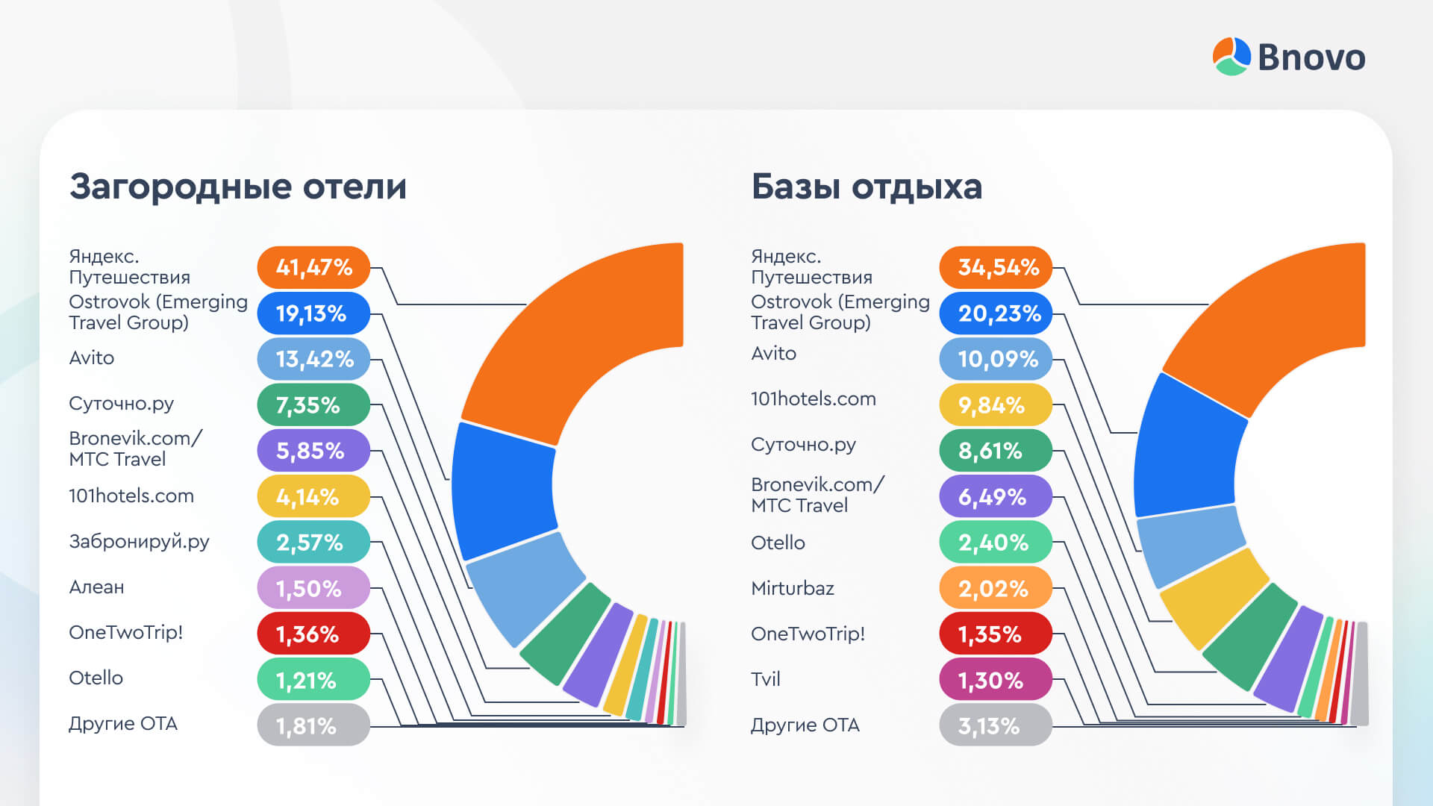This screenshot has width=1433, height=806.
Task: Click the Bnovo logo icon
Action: (1231, 57)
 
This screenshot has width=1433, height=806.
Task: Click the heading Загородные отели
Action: (238, 187)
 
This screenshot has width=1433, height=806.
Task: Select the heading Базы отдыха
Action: (866, 187)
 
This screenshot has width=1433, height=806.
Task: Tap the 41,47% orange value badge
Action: (313, 267)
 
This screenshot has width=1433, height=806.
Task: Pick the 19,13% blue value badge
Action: (313, 313)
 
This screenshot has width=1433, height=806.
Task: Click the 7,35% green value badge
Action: (313, 405)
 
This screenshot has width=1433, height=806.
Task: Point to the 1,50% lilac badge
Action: (313, 588)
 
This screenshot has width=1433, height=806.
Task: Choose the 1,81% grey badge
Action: (313, 725)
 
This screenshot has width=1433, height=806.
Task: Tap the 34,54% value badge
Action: (996, 267)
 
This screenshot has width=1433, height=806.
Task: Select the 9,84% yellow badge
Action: (996, 405)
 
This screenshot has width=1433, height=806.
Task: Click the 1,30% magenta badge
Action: (996, 680)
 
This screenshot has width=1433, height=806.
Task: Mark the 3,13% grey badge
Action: (996, 725)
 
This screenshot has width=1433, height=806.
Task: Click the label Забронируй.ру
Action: (139, 542)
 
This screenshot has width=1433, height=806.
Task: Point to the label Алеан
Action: (96, 587)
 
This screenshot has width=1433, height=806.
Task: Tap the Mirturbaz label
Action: (792, 588)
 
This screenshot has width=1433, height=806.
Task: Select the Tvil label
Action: (765, 679)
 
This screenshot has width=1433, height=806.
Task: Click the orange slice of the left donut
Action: (567, 336)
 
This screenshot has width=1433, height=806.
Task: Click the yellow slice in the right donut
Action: (1213, 597)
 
